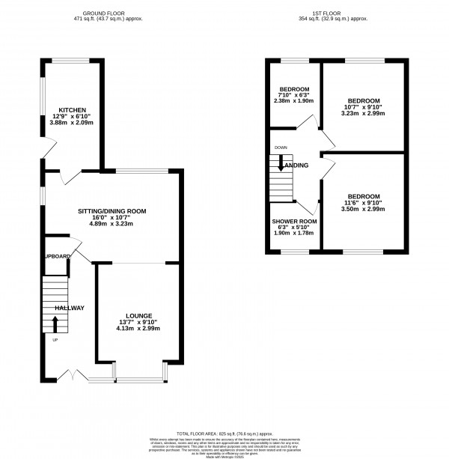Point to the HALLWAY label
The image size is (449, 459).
pos(69,308)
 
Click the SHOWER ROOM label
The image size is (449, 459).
pos(294,222)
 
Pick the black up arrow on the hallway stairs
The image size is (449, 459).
pos(55,323)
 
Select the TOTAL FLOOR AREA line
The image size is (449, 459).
pos(224,434)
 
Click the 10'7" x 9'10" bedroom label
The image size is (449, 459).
pos(363,107)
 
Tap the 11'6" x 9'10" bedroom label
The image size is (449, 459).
pos(363,203)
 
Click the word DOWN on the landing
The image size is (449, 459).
pos(281,148)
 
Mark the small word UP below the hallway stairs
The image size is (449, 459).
pos(55,341)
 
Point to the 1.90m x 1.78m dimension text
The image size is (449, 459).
pos(294,233)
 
